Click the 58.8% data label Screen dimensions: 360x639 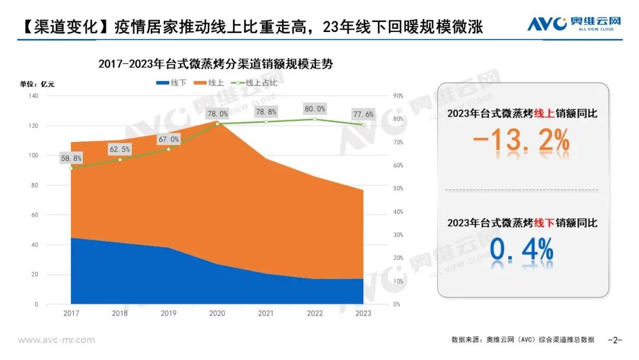(x=71, y=158)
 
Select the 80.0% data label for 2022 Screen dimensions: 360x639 (x=315, y=109)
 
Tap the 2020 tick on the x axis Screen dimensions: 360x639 (x=217, y=313)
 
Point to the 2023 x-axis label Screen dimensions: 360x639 (x=363, y=313)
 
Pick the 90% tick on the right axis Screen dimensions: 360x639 (x=398, y=96)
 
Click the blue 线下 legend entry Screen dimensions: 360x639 (x=172, y=83)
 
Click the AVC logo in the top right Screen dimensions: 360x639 (x=575, y=24)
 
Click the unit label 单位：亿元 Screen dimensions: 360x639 (x=37, y=83)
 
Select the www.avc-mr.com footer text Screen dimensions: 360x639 (x=56, y=340)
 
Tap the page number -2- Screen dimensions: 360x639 (x=615, y=340)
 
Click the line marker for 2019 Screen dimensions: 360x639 (x=169, y=149)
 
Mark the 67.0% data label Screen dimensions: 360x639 (x=169, y=139)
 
